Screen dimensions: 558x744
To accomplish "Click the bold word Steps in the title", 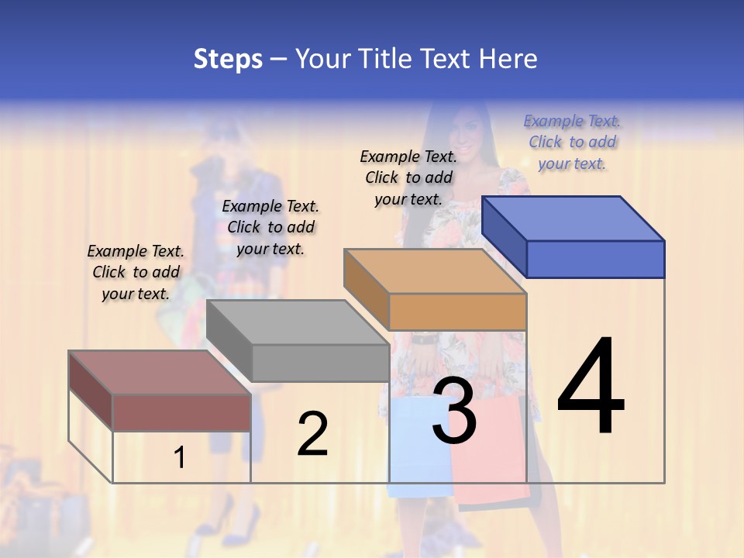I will tap(228, 59).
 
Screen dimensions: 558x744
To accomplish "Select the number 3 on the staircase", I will tap(454, 411).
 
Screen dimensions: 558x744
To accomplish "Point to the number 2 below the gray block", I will tap(312, 434).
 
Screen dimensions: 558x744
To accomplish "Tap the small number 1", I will tap(180, 458).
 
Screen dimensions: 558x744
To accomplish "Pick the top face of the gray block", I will tap(298, 322).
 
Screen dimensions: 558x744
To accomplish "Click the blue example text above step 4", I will tap(572, 143).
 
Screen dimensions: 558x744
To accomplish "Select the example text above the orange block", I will tap(408, 177).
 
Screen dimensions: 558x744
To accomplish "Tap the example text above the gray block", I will tap(270, 227).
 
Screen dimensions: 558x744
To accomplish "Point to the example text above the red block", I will tap(136, 272).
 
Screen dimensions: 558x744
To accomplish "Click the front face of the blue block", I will tap(595, 259).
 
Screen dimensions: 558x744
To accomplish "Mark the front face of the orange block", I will tap(457, 312).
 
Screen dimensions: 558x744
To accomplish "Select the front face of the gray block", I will tap(320, 363).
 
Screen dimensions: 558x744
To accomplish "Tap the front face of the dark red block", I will tap(181, 412).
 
